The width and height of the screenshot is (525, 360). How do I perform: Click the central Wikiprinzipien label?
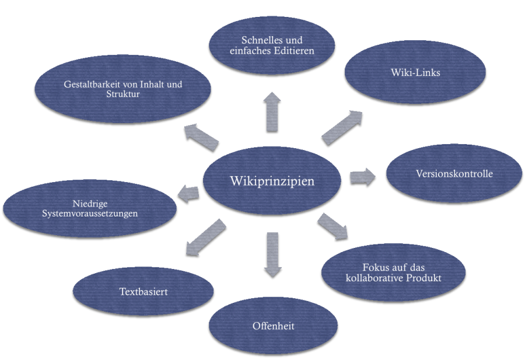coord(272,181)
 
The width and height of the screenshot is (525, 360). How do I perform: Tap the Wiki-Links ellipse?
coord(415,73)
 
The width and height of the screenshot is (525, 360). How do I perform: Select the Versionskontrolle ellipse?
coord(454,174)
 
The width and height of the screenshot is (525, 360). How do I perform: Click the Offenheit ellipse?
coord(273,326)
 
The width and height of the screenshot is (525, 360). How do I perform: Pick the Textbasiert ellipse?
coord(143,291)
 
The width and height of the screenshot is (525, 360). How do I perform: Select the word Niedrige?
coord(90,204)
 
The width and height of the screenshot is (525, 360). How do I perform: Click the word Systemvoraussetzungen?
coord(90,214)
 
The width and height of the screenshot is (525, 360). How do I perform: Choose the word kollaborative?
coord(374,278)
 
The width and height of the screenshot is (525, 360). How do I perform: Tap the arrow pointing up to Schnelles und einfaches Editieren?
coord(272,111)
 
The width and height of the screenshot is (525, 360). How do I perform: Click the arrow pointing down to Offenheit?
coord(272,254)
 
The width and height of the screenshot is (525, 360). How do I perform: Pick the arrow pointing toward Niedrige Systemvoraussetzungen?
coord(188,193)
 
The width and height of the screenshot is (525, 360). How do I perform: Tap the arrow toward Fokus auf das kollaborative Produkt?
coord(332,226)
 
